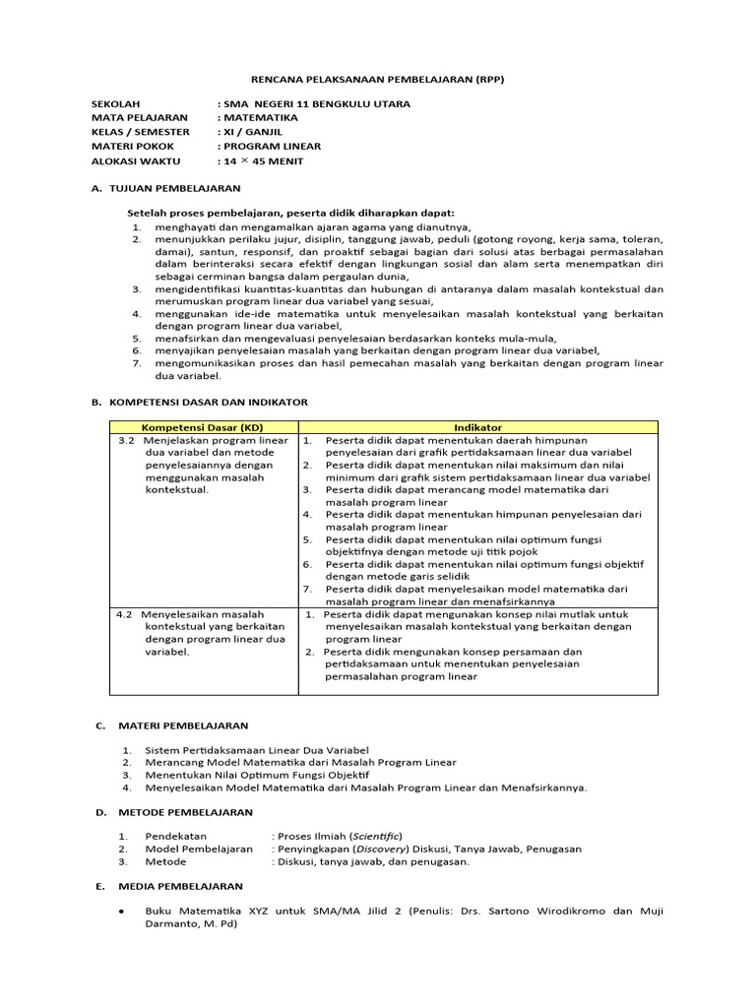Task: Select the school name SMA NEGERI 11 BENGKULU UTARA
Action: click(318, 103)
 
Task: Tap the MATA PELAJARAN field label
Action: click(139, 117)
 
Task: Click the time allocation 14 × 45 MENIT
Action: click(265, 160)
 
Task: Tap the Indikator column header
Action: click(478, 427)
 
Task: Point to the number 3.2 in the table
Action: click(125, 440)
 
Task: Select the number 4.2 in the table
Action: click(124, 613)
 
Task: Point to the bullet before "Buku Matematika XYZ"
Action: click(120, 912)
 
